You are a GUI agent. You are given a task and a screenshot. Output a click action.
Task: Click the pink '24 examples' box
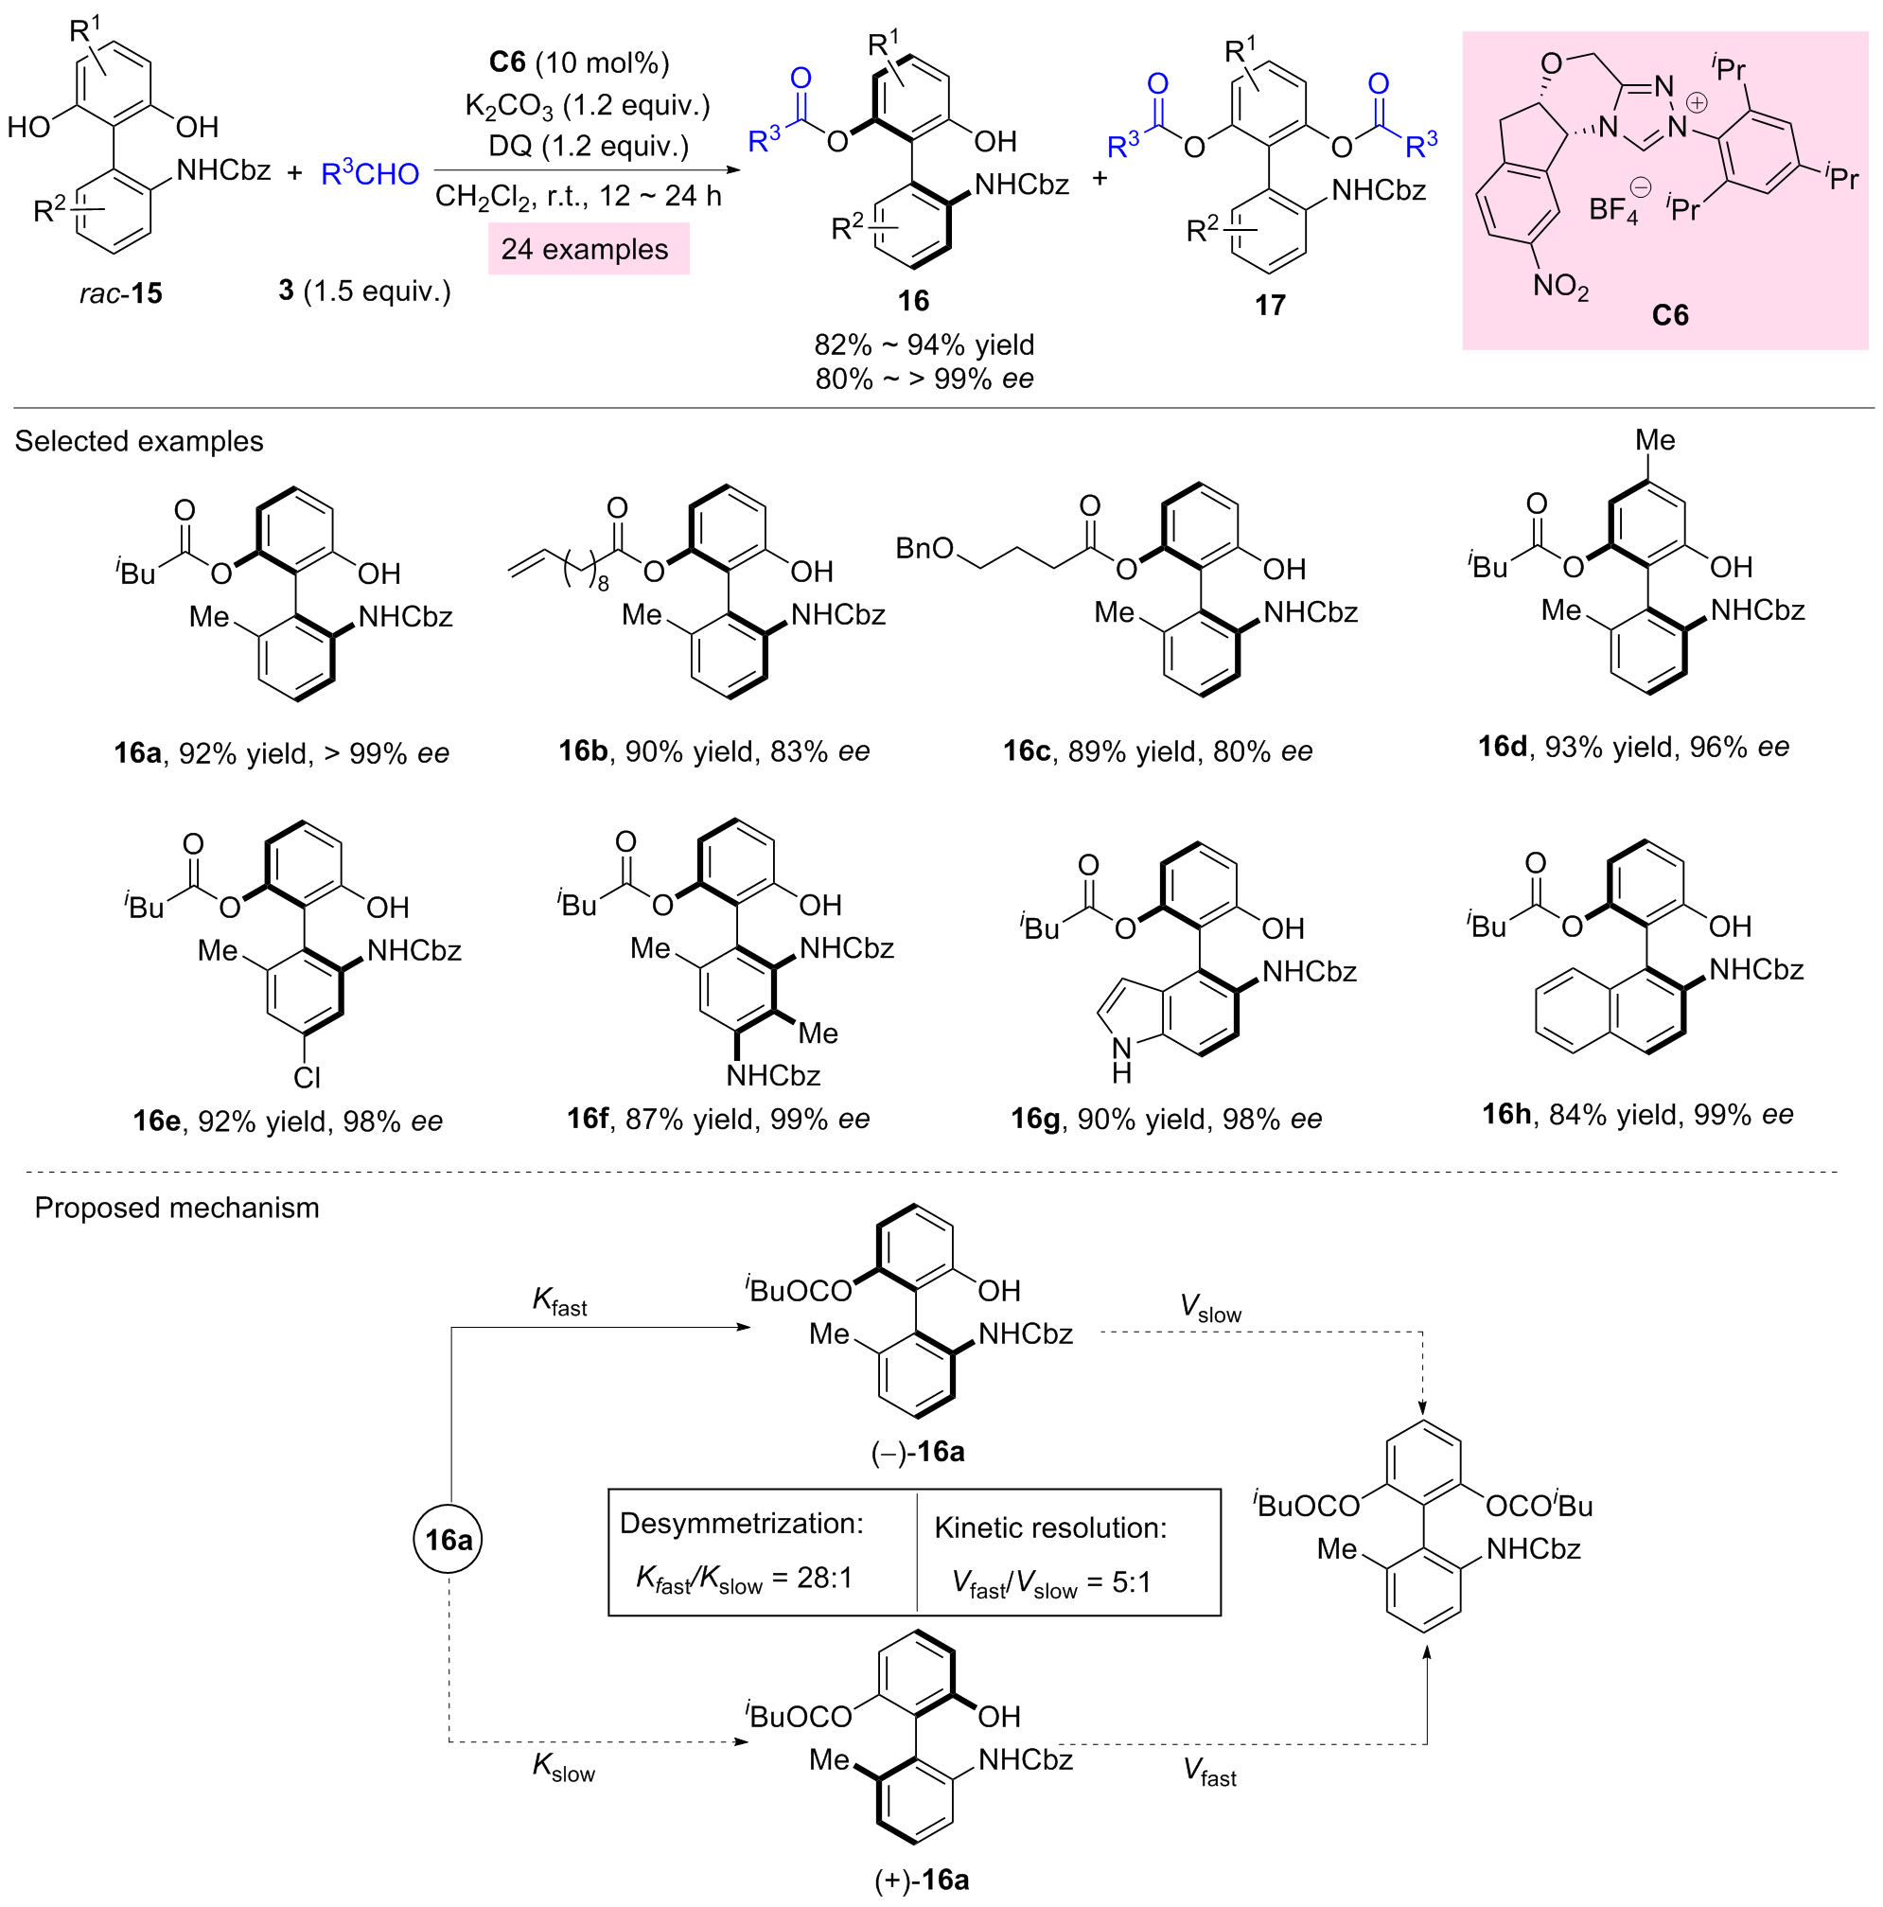588,249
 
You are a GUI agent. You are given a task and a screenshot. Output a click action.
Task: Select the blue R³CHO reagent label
370,174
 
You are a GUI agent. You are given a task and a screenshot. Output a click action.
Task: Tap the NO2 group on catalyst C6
1559,288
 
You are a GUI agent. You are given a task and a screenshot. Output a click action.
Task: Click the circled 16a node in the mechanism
449,1539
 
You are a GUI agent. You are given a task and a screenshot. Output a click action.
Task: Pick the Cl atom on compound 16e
307,1077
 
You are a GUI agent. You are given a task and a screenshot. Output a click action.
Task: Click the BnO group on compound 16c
924,548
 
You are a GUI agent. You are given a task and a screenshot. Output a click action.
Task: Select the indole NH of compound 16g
1121,1058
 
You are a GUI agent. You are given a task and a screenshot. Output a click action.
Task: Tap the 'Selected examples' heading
139,440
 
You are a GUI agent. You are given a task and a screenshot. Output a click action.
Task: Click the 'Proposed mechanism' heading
177,1208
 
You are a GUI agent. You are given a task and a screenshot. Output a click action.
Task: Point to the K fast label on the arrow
559,1302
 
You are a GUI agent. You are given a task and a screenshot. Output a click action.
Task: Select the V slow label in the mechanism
1210,1309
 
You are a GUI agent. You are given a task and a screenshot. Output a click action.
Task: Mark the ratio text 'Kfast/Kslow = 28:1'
744,1579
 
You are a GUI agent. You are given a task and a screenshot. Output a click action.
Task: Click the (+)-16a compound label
922,1881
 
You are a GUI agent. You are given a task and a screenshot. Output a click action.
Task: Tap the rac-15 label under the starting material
120,293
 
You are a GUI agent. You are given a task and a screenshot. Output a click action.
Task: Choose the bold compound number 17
1270,305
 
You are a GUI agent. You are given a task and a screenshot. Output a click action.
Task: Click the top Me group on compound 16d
1655,440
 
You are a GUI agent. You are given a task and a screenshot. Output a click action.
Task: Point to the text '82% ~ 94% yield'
924,344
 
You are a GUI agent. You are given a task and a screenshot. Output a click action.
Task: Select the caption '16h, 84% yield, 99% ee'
1637,1115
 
